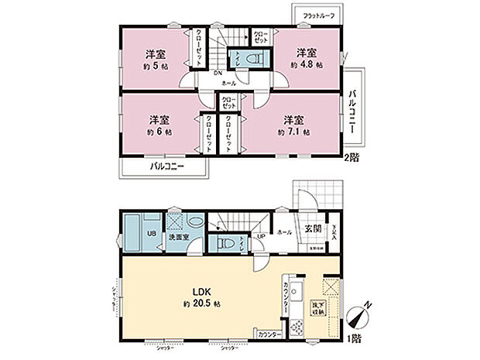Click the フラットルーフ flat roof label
(317, 16)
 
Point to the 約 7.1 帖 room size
(294, 132)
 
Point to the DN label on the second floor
(219, 74)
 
